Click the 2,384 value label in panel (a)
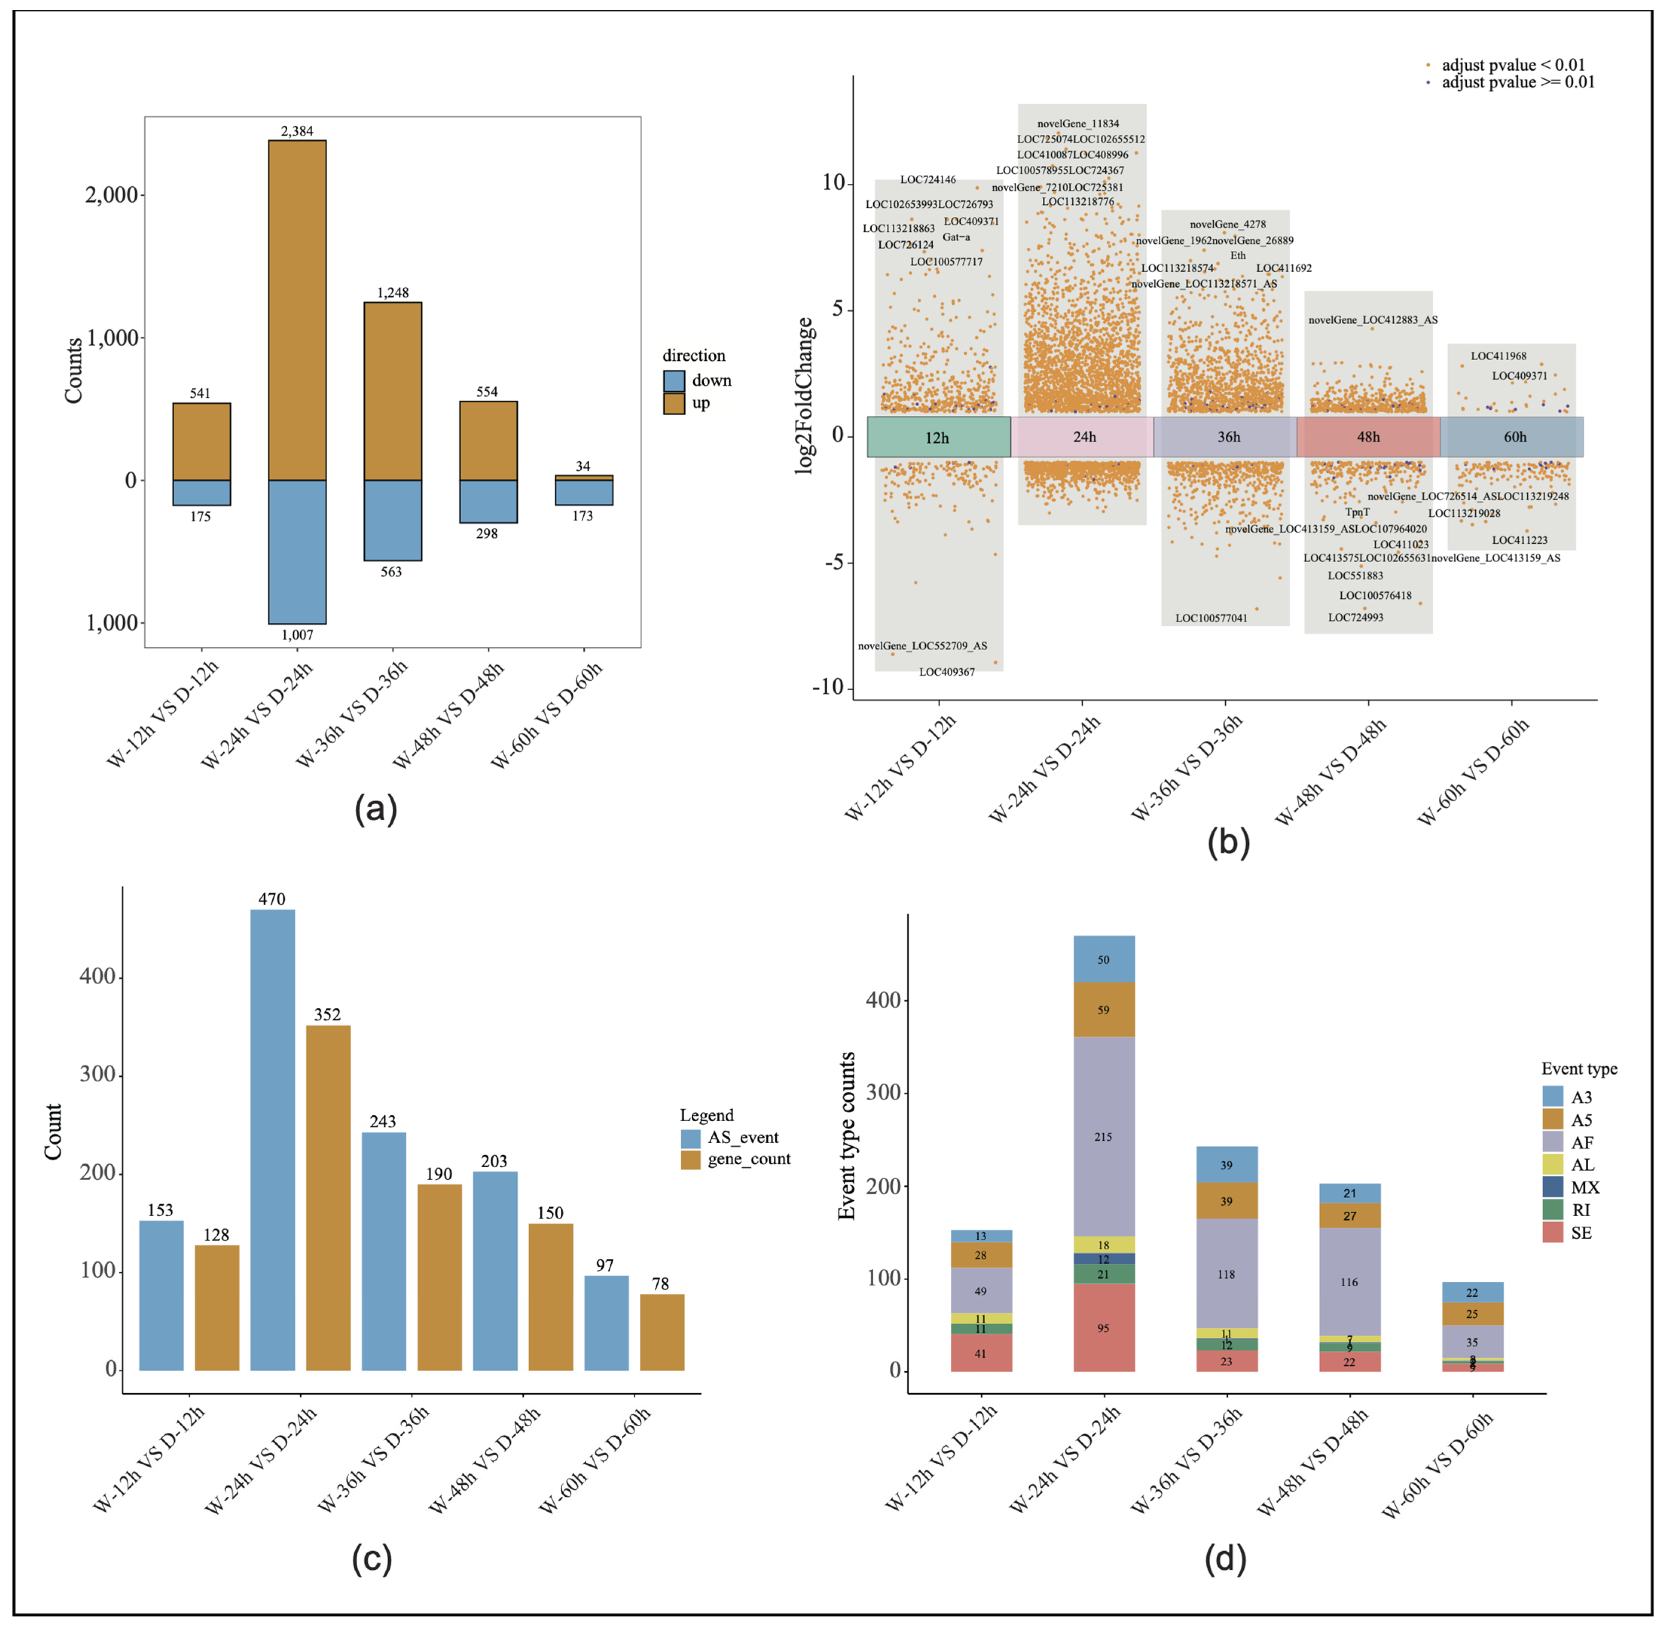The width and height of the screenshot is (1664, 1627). pos(297,131)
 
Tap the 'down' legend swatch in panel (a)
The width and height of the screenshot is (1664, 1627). pos(673,380)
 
